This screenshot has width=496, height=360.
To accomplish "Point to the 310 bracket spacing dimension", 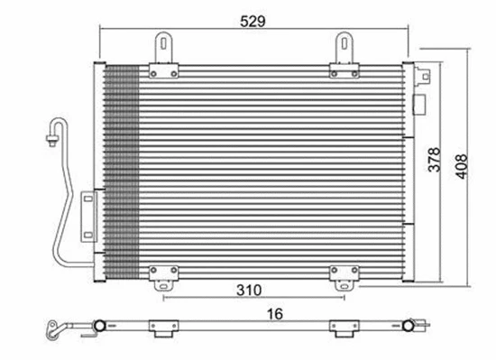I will tap(250, 291).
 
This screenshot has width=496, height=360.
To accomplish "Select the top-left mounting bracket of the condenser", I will tap(163, 54).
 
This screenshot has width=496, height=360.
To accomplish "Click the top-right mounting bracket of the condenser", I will tap(344, 54).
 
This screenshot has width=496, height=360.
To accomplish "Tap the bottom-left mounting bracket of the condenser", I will tap(163, 278).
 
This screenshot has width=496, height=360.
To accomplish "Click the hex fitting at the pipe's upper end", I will tap(50, 138).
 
